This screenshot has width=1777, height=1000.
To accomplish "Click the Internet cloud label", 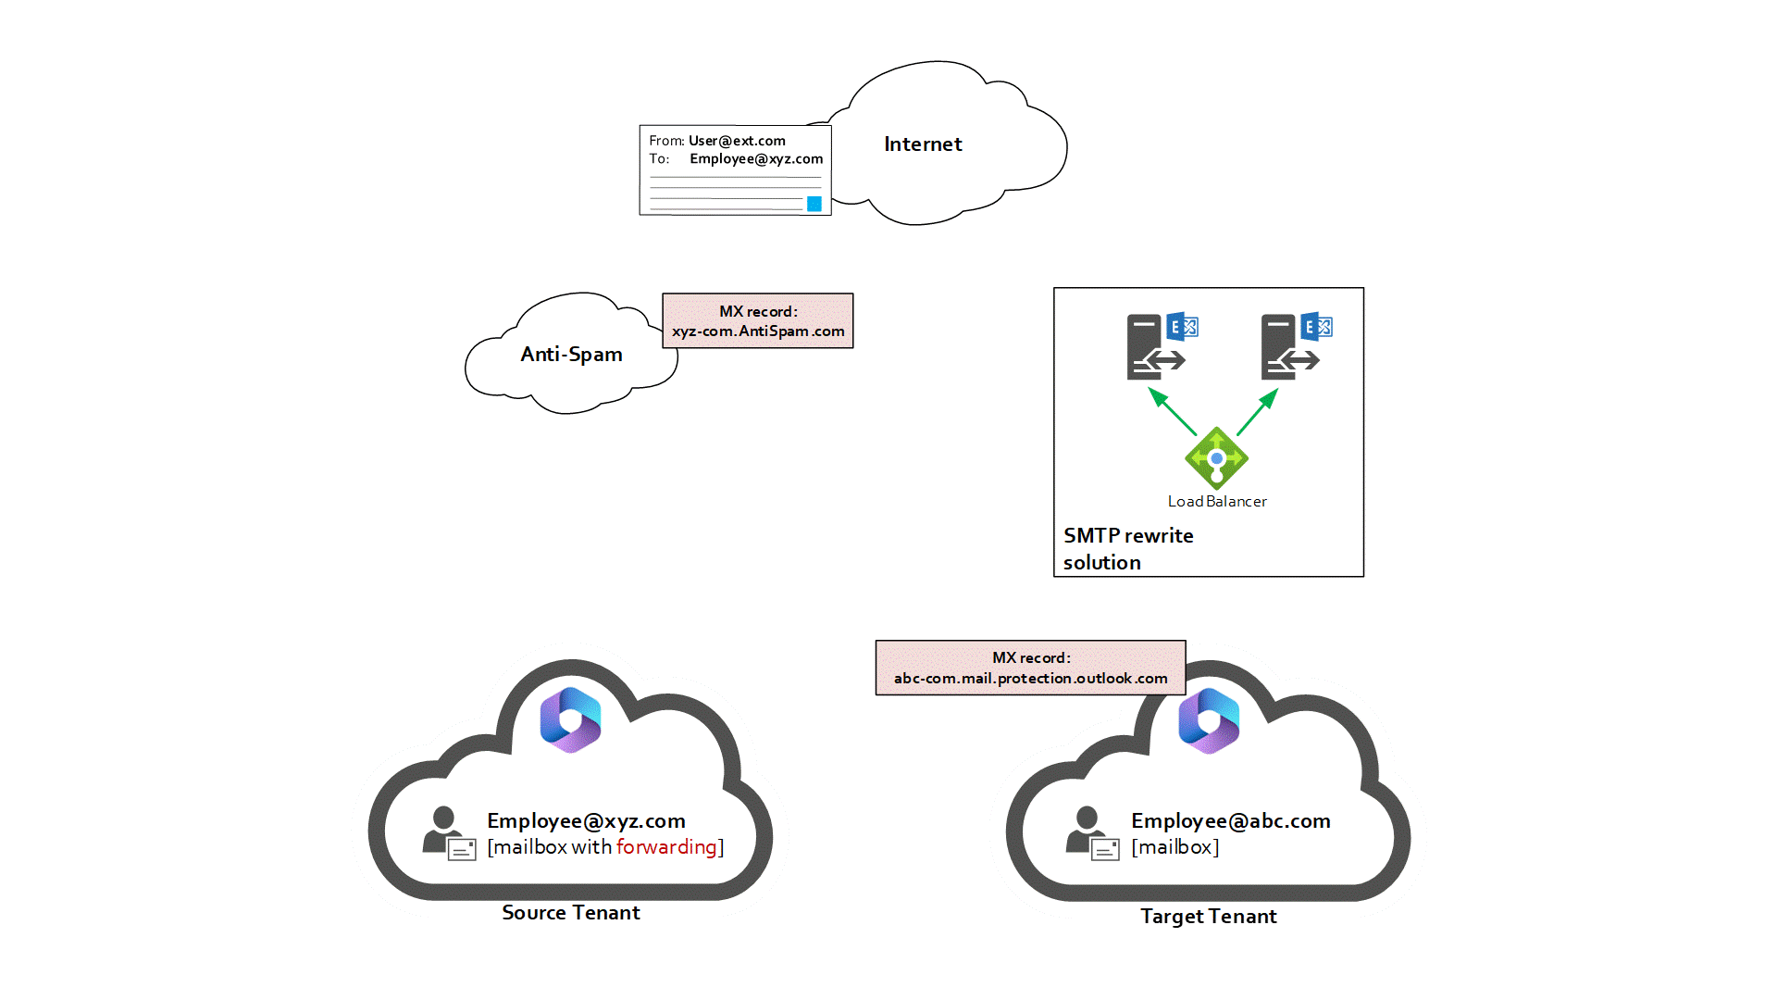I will pyautogui.click(x=923, y=144).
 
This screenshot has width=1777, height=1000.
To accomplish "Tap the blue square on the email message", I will pyautogui.click(x=814, y=204).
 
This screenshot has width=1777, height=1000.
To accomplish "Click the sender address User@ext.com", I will pyautogui.click(x=737, y=141).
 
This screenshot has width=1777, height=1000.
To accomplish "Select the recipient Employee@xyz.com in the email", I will pyautogui.click(x=756, y=159).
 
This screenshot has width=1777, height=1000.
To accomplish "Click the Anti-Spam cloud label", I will pyautogui.click(x=571, y=355).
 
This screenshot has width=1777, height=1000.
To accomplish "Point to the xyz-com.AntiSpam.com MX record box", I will pyautogui.click(x=758, y=321).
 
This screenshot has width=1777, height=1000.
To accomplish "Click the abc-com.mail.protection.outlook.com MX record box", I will pyautogui.click(x=1030, y=668).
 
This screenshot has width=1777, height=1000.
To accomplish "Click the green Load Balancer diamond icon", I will pyautogui.click(x=1216, y=458).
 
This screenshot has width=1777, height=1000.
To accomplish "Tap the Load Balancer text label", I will pyautogui.click(x=1217, y=501).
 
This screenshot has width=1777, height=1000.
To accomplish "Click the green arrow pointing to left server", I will pyautogui.click(x=1172, y=411).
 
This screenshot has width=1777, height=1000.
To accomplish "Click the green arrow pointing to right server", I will pyautogui.click(x=1258, y=411).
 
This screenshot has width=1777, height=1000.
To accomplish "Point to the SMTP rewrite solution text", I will pyautogui.click(x=1127, y=549).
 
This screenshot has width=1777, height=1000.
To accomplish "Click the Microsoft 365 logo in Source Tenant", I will pyautogui.click(x=571, y=719).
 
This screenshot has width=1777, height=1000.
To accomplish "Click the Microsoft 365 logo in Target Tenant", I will pyautogui.click(x=1209, y=720).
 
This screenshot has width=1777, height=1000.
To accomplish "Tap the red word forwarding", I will pyautogui.click(x=666, y=847).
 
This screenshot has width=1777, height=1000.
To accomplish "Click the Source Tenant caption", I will pyautogui.click(x=571, y=913).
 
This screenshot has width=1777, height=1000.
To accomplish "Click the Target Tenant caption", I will pyautogui.click(x=1208, y=917).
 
